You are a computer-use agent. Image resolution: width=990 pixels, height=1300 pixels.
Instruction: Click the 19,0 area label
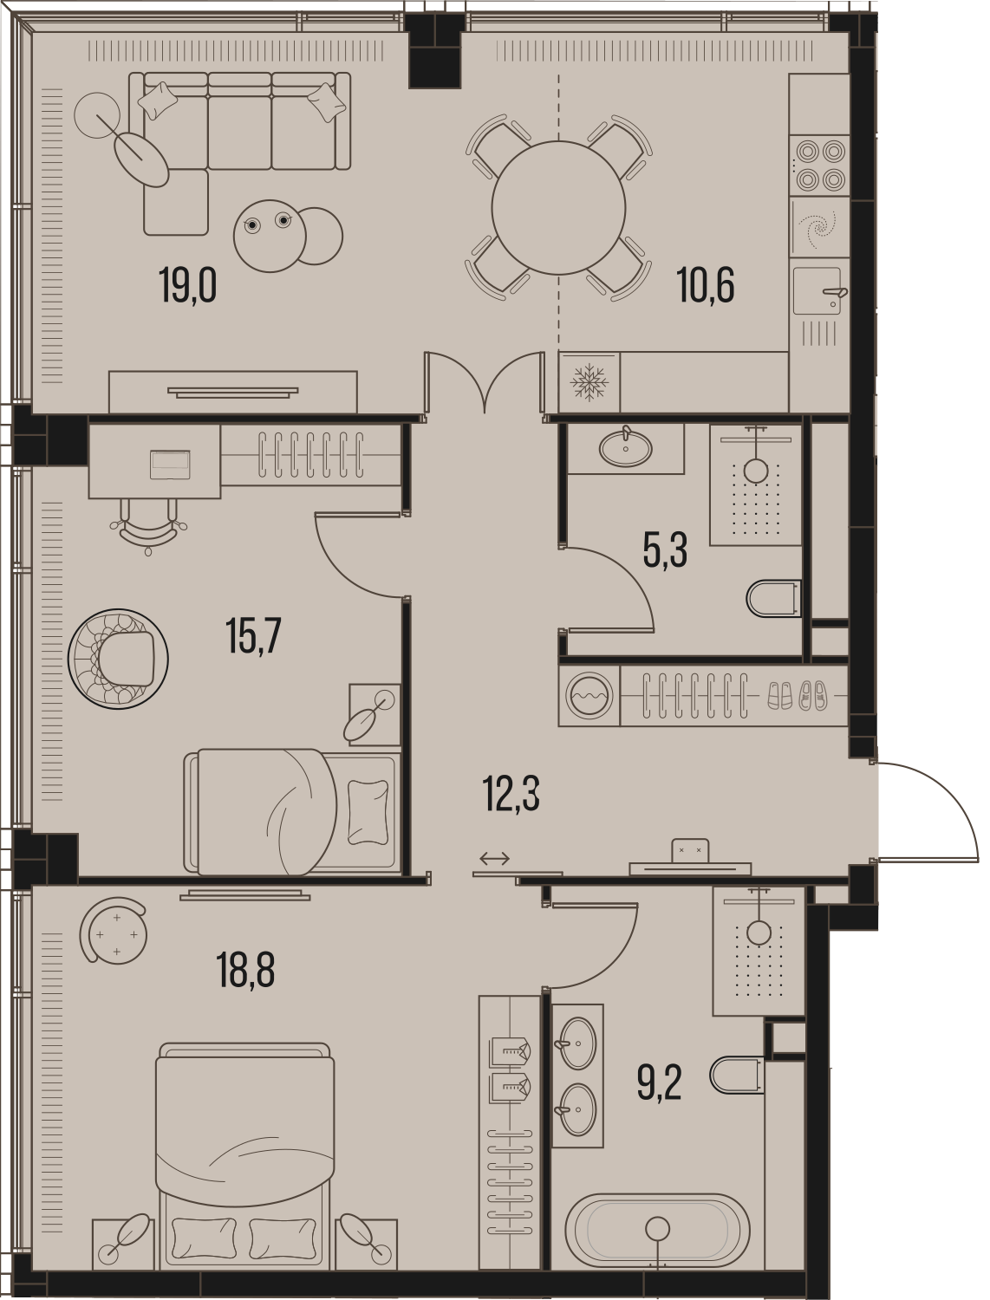pyautogui.click(x=187, y=285)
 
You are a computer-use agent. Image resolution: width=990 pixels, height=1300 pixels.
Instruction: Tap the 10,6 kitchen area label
pyautogui.click(x=705, y=285)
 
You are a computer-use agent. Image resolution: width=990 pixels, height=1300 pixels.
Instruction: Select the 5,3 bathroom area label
pyautogui.click(x=665, y=550)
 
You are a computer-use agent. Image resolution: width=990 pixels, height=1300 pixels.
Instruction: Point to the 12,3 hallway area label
pyautogui.click(x=511, y=794)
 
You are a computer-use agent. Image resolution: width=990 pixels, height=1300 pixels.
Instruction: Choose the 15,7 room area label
pyautogui.click(x=253, y=635)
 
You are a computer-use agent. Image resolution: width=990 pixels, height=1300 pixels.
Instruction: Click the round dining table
pyautogui.click(x=558, y=208)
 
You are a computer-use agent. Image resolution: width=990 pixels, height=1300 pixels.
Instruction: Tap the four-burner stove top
pyautogui.click(x=819, y=165)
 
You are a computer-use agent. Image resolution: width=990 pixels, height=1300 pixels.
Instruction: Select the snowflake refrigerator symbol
pyautogui.click(x=589, y=382)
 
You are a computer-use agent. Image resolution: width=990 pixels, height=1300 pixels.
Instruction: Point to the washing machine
pyautogui.click(x=589, y=695)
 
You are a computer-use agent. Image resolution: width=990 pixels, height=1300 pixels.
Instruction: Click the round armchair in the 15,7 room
pyautogui.click(x=118, y=659)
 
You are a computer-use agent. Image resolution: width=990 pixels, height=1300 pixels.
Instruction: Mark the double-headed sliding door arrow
pyautogui.click(x=495, y=858)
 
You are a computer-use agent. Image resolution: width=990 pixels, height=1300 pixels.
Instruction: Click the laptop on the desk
pyautogui.click(x=170, y=465)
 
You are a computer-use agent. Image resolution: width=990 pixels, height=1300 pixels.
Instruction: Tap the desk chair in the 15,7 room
pyautogui.click(x=148, y=526)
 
